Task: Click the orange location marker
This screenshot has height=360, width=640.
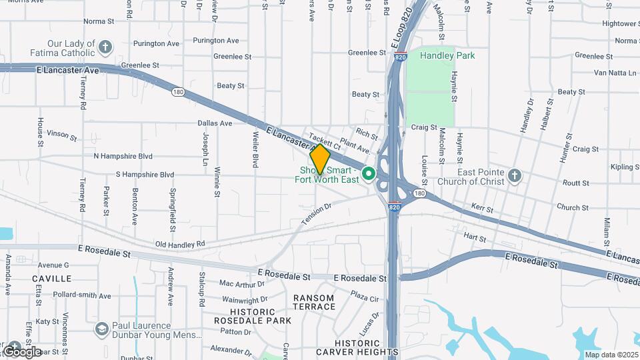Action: (320, 159)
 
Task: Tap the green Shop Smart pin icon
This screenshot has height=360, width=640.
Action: (368, 175)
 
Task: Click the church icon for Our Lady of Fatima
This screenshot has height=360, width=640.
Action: (105, 47)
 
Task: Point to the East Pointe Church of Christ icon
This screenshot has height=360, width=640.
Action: (513, 175)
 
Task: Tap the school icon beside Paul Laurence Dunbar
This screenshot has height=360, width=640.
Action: (101, 329)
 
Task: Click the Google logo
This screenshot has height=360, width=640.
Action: (21, 351)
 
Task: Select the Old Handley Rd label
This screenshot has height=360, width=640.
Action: (180, 245)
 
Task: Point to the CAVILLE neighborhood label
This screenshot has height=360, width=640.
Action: (52, 278)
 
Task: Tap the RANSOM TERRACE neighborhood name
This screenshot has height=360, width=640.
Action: (314, 302)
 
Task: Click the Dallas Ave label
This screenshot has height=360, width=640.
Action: (215, 123)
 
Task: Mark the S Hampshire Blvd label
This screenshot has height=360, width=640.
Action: (145, 175)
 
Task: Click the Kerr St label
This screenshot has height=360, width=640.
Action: (482, 209)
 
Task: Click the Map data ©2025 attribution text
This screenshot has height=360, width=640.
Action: (610, 355)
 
